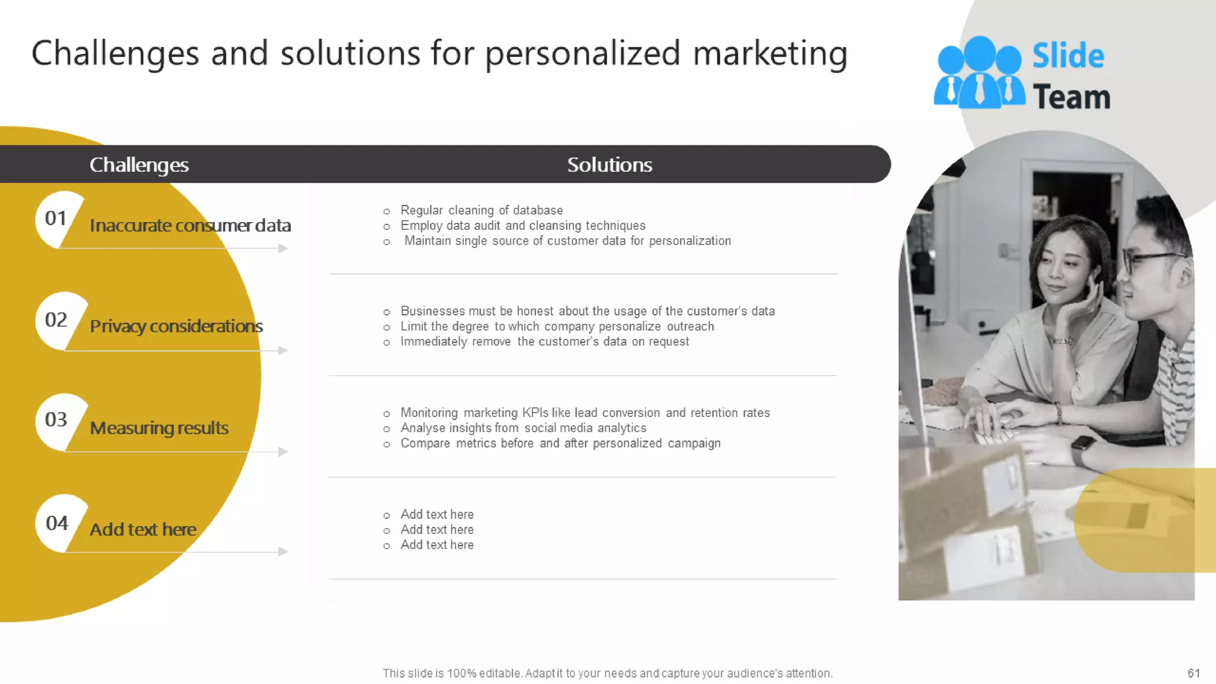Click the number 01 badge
(x=56, y=218)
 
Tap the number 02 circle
(x=56, y=320)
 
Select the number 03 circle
(x=56, y=420)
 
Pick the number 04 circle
(x=57, y=523)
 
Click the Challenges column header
(x=139, y=164)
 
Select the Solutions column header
(x=609, y=164)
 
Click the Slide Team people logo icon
(x=978, y=73)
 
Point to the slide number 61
(x=1193, y=673)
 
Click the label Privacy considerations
(x=176, y=326)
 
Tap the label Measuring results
(x=159, y=428)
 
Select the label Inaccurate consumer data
(x=190, y=226)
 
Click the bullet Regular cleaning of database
(x=481, y=210)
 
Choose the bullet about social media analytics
(x=523, y=428)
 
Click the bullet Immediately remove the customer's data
(x=544, y=341)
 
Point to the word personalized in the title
(x=582, y=53)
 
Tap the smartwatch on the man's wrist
(x=1084, y=449)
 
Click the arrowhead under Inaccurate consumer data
(x=283, y=248)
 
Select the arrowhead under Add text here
(x=283, y=552)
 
